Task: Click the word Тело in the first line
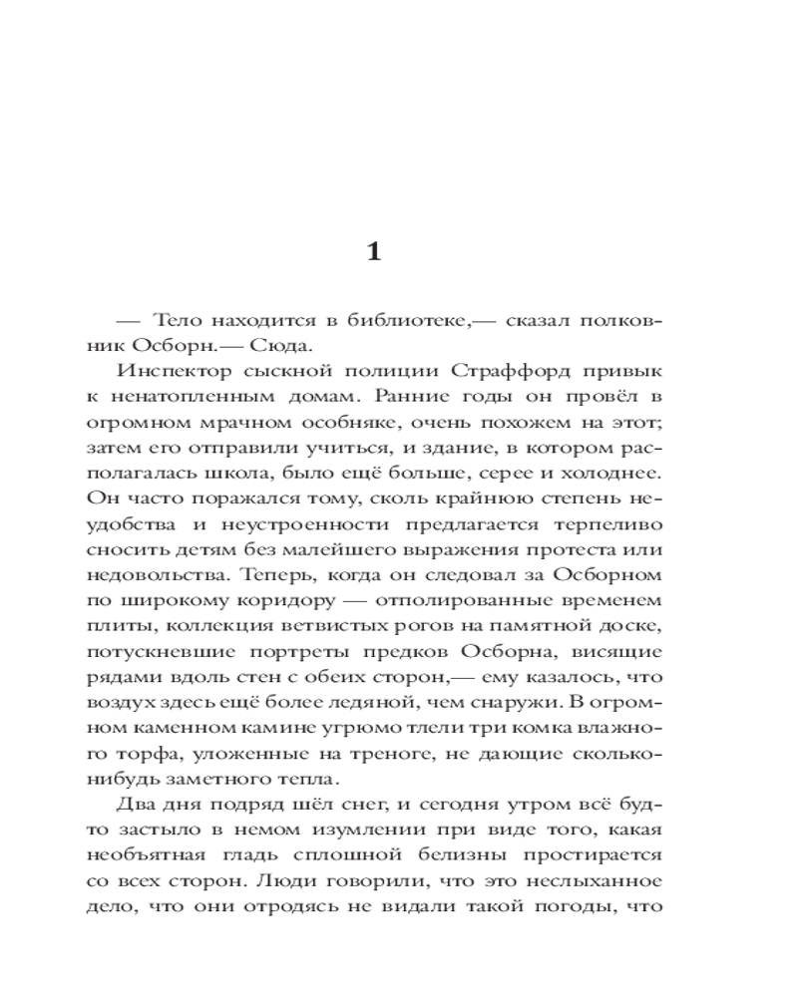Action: tap(180, 321)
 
